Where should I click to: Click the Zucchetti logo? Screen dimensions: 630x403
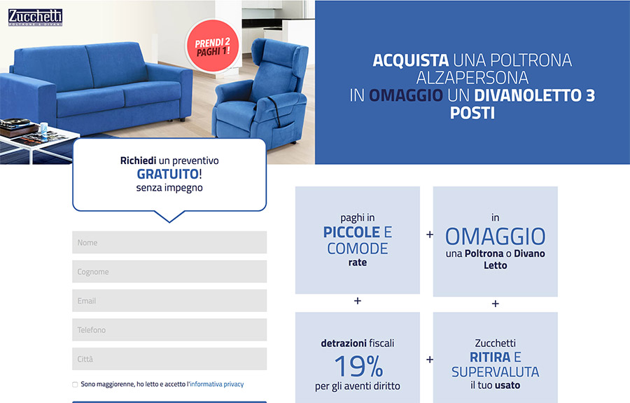click(x=36, y=18)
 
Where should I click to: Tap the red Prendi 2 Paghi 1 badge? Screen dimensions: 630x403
click(x=213, y=46)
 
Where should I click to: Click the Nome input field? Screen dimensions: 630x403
click(x=169, y=242)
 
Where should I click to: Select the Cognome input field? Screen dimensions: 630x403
click(x=169, y=271)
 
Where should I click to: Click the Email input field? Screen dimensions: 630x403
click(x=169, y=301)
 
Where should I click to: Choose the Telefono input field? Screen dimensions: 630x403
click(x=169, y=330)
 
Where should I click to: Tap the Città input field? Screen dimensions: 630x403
click(x=169, y=359)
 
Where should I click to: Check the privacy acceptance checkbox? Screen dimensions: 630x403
click(x=75, y=385)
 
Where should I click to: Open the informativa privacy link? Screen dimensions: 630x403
click(x=216, y=384)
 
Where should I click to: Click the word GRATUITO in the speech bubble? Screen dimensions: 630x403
click(x=167, y=174)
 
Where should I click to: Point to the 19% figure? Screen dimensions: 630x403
click(x=358, y=366)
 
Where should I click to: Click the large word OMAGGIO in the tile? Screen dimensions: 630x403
click(x=496, y=236)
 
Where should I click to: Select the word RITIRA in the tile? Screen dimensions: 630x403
click(x=490, y=357)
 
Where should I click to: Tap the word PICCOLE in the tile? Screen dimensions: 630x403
click(x=351, y=232)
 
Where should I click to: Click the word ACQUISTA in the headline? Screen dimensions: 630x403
click(x=411, y=60)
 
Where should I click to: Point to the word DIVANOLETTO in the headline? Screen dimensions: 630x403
click(x=528, y=95)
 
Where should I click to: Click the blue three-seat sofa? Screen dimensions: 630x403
click(x=97, y=86)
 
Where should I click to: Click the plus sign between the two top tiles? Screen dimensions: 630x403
click(x=430, y=234)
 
